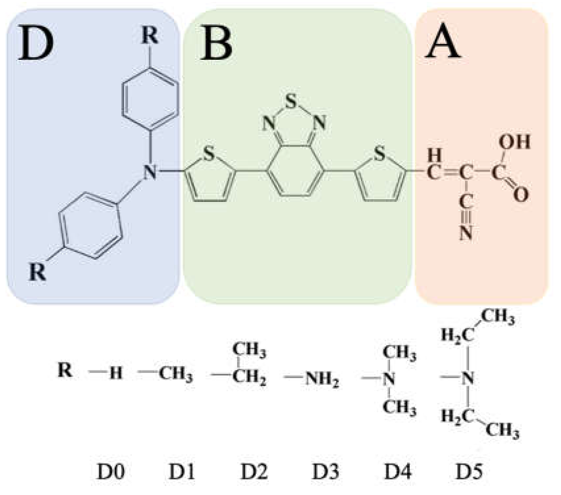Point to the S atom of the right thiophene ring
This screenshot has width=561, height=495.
pyautogui.click(x=380, y=154)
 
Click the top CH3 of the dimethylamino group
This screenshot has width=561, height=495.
pyautogui.click(x=400, y=353)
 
